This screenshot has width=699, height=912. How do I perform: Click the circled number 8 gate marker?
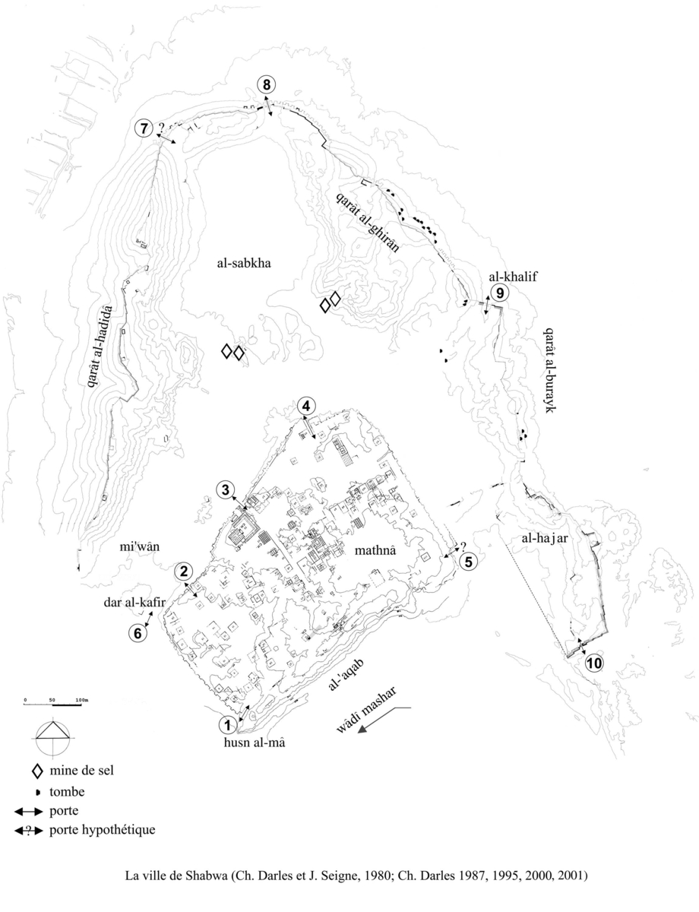(x=266, y=84)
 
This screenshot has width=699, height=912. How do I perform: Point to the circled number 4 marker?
(x=305, y=406)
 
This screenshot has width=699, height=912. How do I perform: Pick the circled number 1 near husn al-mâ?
(x=226, y=724)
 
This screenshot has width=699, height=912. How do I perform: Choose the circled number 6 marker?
(x=137, y=632)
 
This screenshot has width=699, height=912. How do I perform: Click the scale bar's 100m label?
(x=81, y=698)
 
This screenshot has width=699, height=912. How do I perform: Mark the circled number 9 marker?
(x=498, y=293)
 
